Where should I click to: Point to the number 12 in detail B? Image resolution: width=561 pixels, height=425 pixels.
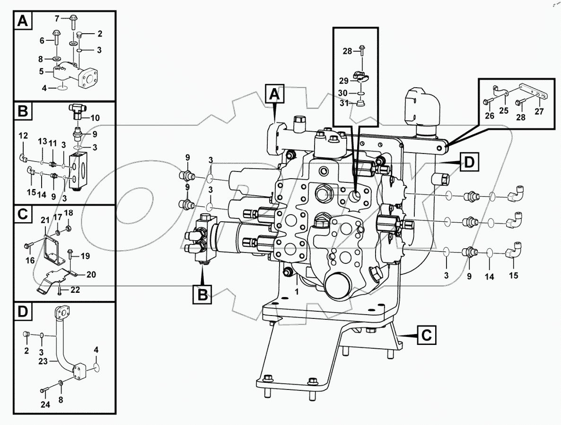pyautogui.click(x=23, y=136)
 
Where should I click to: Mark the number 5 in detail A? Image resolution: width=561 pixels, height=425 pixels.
pyautogui.click(x=41, y=72)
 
